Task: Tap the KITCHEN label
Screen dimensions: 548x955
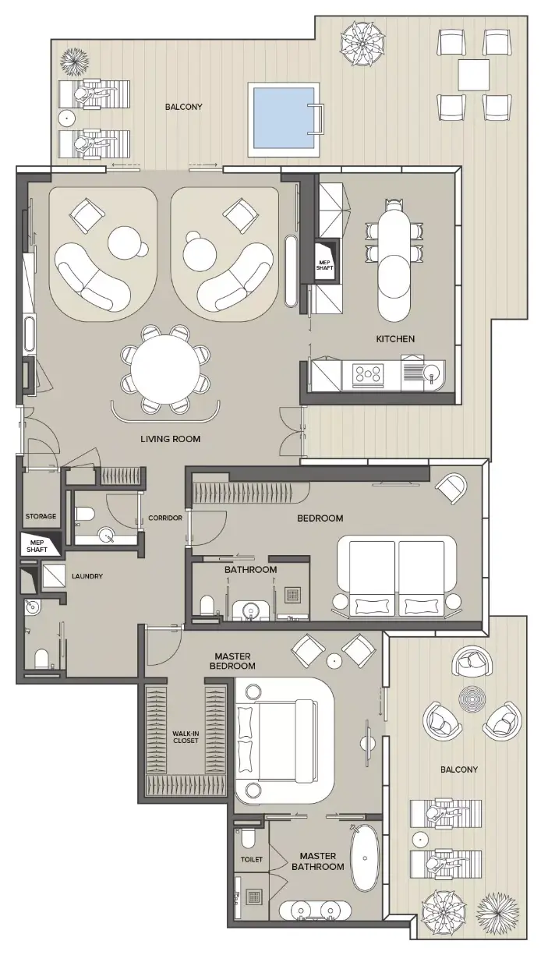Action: point(395,338)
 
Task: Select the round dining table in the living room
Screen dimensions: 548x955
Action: point(165,369)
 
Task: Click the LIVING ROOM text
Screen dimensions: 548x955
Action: point(171,439)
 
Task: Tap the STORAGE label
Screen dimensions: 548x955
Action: point(41,516)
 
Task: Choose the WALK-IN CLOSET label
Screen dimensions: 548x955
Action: point(186,737)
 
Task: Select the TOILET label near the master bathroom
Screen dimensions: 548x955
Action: point(252,859)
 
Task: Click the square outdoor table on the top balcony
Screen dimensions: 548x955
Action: point(473,75)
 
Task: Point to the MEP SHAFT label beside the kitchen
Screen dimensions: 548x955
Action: point(325,265)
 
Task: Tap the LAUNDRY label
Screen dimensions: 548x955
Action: point(87,576)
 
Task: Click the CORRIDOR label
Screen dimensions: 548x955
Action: point(165,518)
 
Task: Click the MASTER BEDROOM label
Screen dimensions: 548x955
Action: point(233,661)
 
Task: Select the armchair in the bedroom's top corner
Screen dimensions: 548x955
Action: point(451,488)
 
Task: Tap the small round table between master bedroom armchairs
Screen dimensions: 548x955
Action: point(334,661)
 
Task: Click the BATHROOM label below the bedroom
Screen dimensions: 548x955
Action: point(251,570)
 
